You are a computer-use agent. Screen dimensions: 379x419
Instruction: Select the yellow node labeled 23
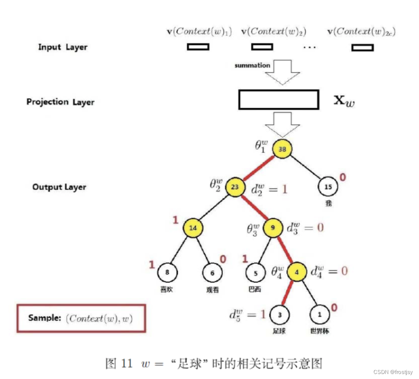(x=235, y=187)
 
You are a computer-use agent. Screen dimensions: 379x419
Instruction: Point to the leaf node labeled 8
(x=167, y=273)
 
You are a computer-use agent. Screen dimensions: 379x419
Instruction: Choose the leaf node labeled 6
(x=212, y=273)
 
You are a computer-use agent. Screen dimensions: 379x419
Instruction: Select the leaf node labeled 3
(x=279, y=315)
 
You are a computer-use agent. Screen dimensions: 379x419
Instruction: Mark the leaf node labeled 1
(x=320, y=315)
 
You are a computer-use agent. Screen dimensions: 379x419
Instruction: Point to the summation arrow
(x=283, y=72)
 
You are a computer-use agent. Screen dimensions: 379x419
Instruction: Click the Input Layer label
(x=63, y=47)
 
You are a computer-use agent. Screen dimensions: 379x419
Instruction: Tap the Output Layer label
(x=59, y=187)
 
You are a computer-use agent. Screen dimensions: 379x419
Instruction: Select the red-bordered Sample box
(x=81, y=318)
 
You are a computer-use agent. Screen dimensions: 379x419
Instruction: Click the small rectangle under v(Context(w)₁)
(x=198, y=47)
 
